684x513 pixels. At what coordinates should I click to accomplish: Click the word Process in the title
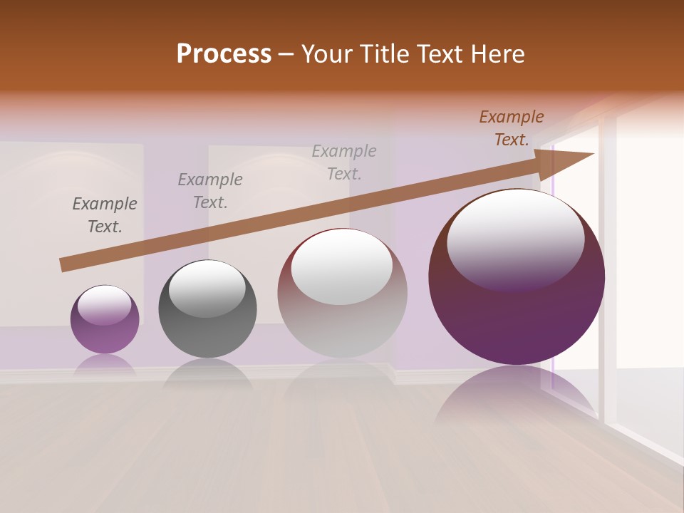pos(224,53)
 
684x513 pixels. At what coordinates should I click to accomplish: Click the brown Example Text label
pos(511,128)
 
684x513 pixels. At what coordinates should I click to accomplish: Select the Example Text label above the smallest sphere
pos(105,214)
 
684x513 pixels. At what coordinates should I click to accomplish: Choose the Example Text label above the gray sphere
pos(209,190)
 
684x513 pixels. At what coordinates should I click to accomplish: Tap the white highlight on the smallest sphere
pos(104,304)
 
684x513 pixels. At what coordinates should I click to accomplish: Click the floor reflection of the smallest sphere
pos(105,364)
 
